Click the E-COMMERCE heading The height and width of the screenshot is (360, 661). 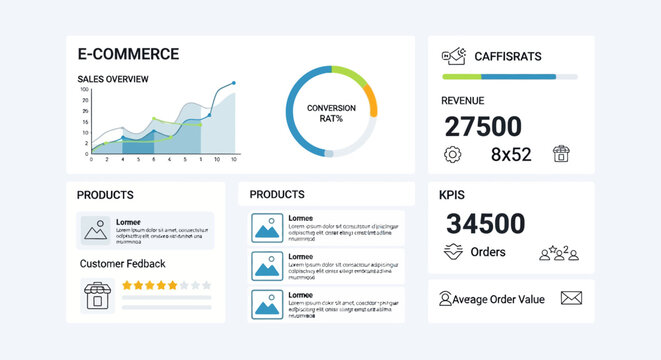(x=128, y=54)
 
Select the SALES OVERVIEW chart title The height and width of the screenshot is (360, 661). (x=113, y=79)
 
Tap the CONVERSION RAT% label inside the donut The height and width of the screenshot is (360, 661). (x=331, y=113)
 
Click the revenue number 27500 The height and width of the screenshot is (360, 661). (x=483, y=126)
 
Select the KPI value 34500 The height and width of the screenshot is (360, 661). (x=485, y=223)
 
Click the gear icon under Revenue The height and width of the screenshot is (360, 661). (x=452, y=154)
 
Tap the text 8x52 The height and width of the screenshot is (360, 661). (x=511, y=155)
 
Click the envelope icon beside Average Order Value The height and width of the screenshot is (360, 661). (x=571, y=298)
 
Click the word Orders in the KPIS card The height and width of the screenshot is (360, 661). (x=488, y=252)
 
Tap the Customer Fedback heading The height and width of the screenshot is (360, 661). (x=122, y=264)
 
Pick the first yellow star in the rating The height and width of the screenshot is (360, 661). (x=128, y=285)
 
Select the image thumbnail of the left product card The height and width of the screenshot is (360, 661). (x=96, y=231)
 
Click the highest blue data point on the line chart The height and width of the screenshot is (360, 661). (x=234, y=84)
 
